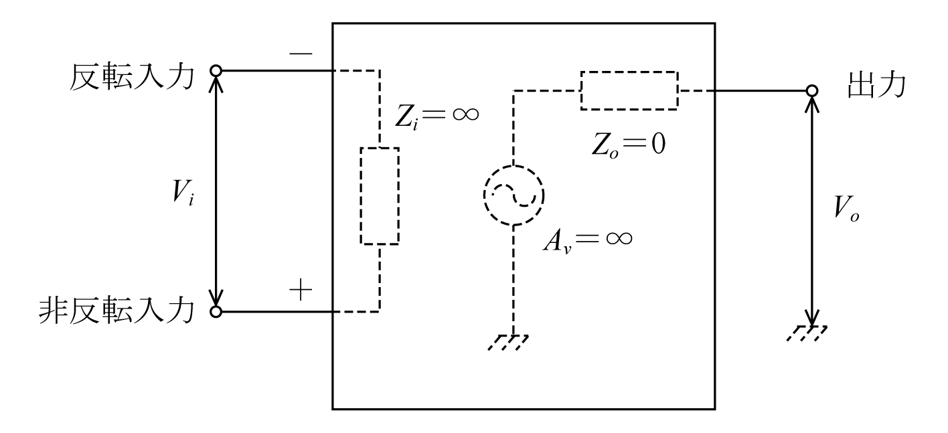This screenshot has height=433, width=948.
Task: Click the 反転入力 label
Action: [132, 78]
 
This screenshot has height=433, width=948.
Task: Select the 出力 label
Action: [876, 85]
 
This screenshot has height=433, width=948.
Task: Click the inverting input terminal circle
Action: [216, 71]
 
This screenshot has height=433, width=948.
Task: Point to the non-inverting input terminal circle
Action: [216, 312]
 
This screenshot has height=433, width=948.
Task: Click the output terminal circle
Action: [811, 91]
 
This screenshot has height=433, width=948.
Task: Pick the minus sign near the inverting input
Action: [301, 54]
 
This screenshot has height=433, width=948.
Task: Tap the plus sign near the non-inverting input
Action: [301, 290]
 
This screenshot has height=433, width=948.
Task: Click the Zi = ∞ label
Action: [437, 116]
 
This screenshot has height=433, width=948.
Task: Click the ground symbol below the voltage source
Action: [508, 342]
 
